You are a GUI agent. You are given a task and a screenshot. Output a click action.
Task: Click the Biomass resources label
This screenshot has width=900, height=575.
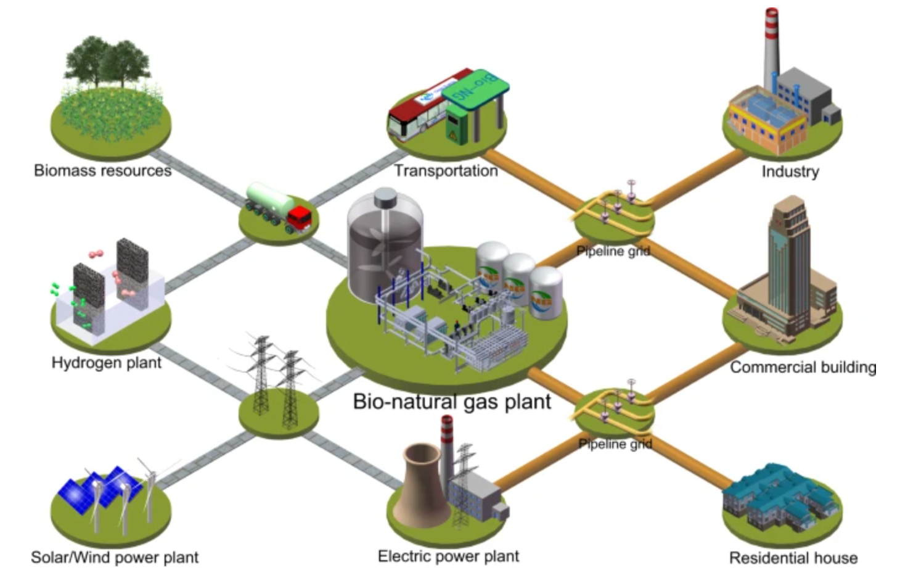tap(102, 170)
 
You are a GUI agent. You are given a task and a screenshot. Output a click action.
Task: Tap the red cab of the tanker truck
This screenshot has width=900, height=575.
tap(300, 218)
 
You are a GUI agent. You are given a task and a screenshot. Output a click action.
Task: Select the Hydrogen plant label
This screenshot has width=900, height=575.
tap(106, 363)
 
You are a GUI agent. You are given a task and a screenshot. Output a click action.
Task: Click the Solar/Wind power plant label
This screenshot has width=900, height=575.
tap(115, 558)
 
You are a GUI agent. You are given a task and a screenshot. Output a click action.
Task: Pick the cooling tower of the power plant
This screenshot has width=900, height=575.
tap(422, 487)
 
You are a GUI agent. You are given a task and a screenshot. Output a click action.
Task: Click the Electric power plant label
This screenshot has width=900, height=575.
tap(448, 556)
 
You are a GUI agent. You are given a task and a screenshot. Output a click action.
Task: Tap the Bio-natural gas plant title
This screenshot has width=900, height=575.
tap(452, 402)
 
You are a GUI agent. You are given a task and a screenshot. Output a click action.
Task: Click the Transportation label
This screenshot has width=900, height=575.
tap(446, 171)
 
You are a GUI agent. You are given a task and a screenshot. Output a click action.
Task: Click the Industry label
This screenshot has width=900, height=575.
tap(790, 172)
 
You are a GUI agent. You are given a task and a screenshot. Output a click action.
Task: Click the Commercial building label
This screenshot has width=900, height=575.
tap(803, 368)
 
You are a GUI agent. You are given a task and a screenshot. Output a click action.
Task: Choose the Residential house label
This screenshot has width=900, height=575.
tap(793, 558)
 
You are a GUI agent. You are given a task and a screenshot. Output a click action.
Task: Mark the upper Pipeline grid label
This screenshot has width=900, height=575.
tap(613, 251)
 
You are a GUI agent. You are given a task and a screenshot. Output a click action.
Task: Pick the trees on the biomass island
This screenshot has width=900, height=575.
tap(108, 62)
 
